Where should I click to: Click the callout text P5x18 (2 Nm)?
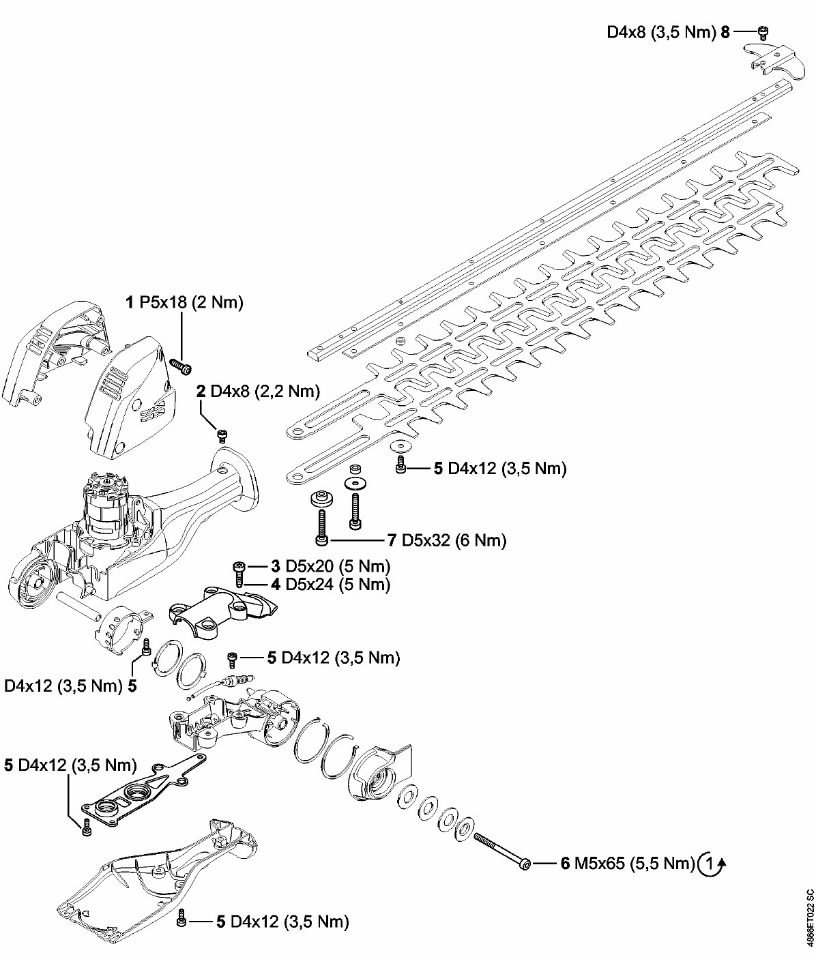coord(191,303)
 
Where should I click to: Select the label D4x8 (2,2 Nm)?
coord(265,391)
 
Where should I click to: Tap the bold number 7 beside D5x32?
coord(392,540)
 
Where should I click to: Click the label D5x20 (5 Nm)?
coord(338,566)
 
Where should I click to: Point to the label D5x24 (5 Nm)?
coord(338,585)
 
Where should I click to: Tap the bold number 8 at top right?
coord(725,32)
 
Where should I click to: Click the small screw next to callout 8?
coord(763,33)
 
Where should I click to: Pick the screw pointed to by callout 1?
coord(181,367)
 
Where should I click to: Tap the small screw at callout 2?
coord(222,436)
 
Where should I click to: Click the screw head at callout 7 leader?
coord(321,540)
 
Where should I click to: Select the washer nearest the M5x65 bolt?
coord(465,829)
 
